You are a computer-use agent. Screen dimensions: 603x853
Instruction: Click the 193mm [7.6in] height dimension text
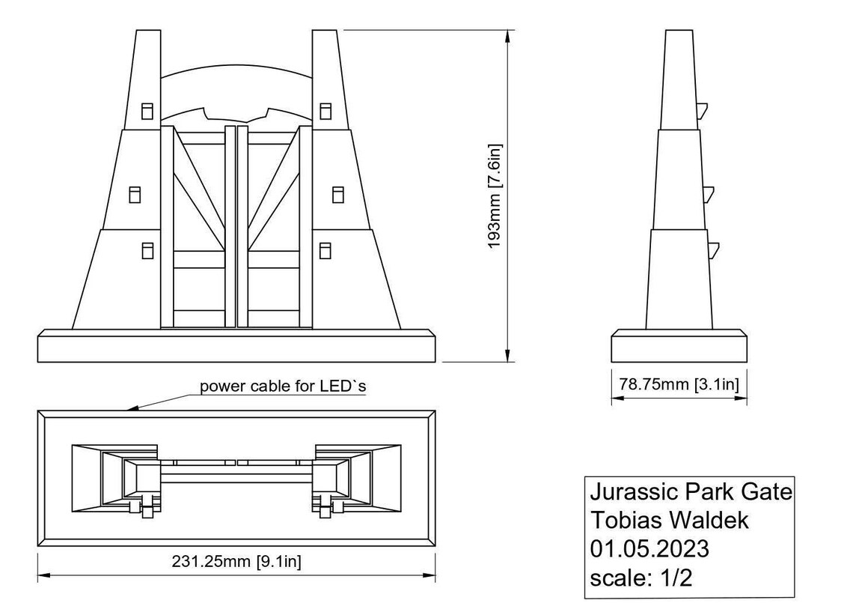[x=495, y=197]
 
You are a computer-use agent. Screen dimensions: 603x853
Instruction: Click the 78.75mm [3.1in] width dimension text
[x=679, y=384]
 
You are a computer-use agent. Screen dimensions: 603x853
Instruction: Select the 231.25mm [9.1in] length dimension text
[x=236, y=561]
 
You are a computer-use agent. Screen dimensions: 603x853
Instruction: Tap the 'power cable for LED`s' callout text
[x=283, y=387]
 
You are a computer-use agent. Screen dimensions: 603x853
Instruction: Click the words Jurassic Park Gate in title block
[x=690, y=492]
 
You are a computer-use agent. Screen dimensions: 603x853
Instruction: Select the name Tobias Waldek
[x=669, y=520]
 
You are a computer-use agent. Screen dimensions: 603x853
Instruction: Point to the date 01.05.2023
[x=649, y=548]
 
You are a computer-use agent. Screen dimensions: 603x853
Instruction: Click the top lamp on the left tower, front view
[x=147, y=111]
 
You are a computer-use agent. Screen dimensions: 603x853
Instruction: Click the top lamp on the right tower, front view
[x=325, y=111]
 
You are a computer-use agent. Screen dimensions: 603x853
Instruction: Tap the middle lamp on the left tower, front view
[x=135, y=195]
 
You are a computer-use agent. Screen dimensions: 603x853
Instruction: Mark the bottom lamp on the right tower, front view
[x=325, y=250]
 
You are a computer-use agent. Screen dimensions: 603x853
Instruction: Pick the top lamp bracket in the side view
[x=703, y=110]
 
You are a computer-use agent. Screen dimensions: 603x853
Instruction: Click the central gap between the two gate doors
[x=236, y=225]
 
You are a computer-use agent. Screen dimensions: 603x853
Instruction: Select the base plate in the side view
[x=679, y=345]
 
